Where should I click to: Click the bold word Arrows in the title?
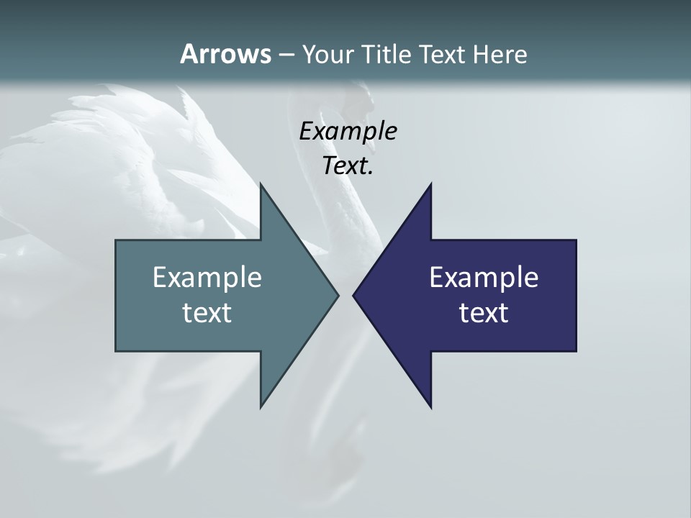225,54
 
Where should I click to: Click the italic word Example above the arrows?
348,131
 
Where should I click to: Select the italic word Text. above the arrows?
348,165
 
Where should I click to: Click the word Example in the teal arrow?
207,277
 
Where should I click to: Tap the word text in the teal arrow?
207,313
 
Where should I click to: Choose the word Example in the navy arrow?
484,277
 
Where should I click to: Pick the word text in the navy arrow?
484,313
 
